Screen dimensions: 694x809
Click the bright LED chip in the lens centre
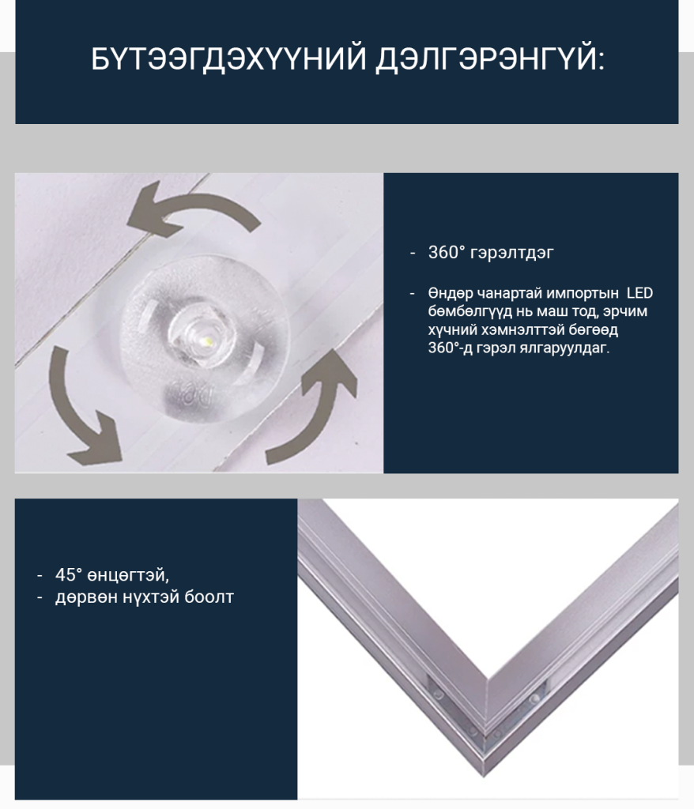click(x=207, y=340)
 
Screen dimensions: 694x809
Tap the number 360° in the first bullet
click(x=447, y=252)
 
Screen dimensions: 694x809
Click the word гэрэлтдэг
click(x=512, y=254)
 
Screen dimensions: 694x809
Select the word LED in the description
click(x=639, y=293)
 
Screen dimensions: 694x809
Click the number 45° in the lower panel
click(x=69, y=575)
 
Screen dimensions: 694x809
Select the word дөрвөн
click(x=87, y=597)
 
